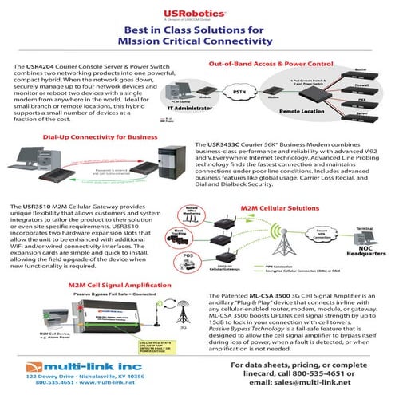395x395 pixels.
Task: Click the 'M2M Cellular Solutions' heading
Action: tap(285, 207)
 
